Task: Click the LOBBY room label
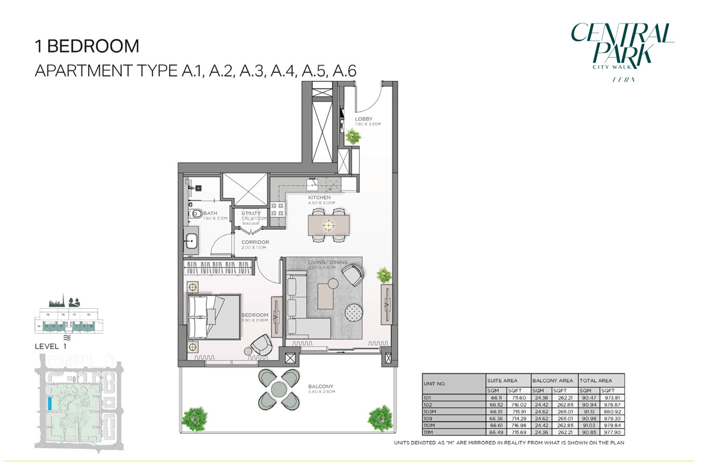(364, 119)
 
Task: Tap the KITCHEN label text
(320, 198)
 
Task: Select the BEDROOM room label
(255, 315)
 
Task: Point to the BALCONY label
(320, 387)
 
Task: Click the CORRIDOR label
(255, 242)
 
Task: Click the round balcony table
(279, 389)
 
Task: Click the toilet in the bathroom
(196, 213)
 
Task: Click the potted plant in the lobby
(354, 137)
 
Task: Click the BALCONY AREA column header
(553, 380)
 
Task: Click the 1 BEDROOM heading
(87, 46)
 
